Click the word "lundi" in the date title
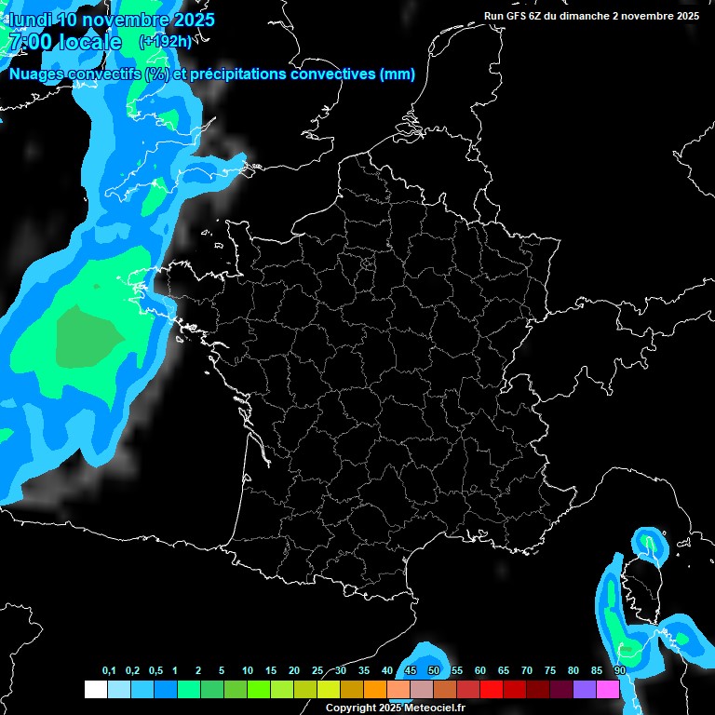(31, 20)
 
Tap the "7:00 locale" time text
(65, 42)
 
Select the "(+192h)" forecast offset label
(165, 42)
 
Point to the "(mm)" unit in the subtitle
(398, 74)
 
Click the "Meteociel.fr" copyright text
(434, 708)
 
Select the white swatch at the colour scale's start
(95, 689)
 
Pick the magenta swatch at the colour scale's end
(608, 689)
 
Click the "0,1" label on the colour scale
(109, 671)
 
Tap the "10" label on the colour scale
(248, 671)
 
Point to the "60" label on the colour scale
(480, 671)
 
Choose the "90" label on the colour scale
(620, 671)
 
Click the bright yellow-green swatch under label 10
(258, 689)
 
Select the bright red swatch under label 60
(491, 689)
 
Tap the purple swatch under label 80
(584, 689)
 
